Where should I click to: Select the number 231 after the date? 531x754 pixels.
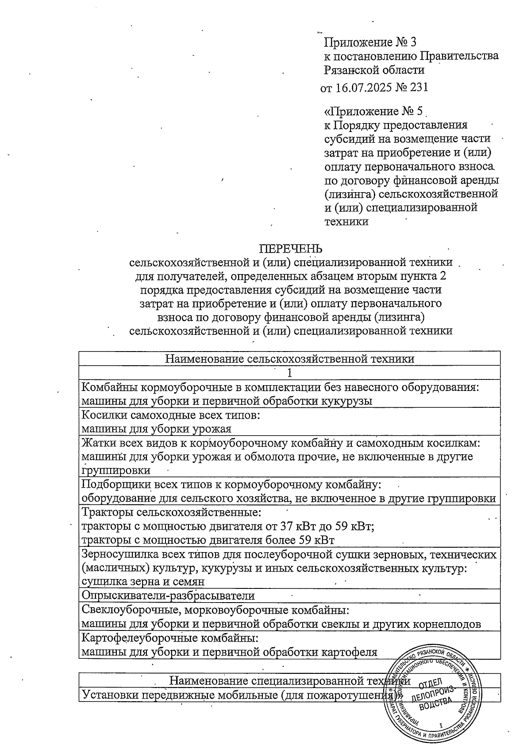click(419, 87)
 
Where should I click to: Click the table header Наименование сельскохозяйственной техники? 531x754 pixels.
click(290, 358)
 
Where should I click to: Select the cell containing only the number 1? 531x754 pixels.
click(290, 373)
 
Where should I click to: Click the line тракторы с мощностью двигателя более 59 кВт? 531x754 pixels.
click(208, 540)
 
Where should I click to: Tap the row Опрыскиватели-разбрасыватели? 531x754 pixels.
click(169, 595)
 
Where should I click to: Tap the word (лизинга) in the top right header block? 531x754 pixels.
click(350, 194)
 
